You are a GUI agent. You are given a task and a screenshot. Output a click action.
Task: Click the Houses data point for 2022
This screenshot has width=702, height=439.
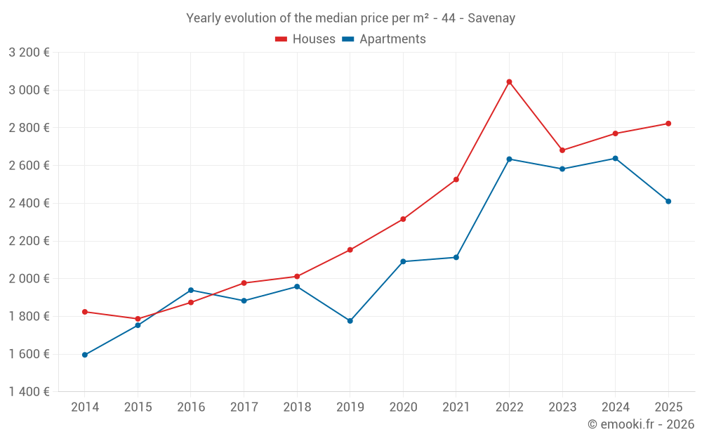tap(509, 82)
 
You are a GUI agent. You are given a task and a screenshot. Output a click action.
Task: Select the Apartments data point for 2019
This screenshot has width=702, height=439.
tap(350, 321)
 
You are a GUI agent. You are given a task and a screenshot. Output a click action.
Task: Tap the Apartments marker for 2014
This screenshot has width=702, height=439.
tap(85, 355)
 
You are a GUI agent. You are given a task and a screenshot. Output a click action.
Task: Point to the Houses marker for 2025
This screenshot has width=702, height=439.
tap(668, 124)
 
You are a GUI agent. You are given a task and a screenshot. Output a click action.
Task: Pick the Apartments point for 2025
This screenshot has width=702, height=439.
tap(668, 202)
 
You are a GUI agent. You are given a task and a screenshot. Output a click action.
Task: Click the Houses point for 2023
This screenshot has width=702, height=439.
tap(562, 150)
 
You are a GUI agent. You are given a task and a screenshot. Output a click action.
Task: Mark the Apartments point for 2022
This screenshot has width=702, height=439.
tap(509, 159)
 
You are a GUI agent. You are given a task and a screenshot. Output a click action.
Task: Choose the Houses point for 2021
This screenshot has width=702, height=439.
tap(456, 180)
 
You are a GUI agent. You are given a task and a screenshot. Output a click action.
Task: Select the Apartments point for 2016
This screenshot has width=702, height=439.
tap(191, 290)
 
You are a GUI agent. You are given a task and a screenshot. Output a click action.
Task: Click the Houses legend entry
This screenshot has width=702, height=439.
tap(305, 39)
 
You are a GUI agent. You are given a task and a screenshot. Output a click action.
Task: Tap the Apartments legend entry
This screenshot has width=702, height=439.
tap(384, 39)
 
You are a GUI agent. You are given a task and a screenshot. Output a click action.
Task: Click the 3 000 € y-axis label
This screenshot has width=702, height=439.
tap(29, 90)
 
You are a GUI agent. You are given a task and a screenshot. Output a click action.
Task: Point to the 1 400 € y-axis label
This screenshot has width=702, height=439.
tap(29, 392)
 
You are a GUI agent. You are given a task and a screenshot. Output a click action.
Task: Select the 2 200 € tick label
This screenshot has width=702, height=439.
tap(29, 241)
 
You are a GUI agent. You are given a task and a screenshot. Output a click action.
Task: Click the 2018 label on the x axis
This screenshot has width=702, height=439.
tap(297, 407)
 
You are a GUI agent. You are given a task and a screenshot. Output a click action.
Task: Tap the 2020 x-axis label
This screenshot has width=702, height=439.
tap(403, 407)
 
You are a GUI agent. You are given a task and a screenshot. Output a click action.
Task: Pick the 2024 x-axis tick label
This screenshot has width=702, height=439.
tap(615, 407)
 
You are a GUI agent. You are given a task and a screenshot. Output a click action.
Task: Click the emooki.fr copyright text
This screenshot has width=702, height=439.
tap(640, 424)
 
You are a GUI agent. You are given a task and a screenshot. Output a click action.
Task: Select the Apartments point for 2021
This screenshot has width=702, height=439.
tap(456, 258)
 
